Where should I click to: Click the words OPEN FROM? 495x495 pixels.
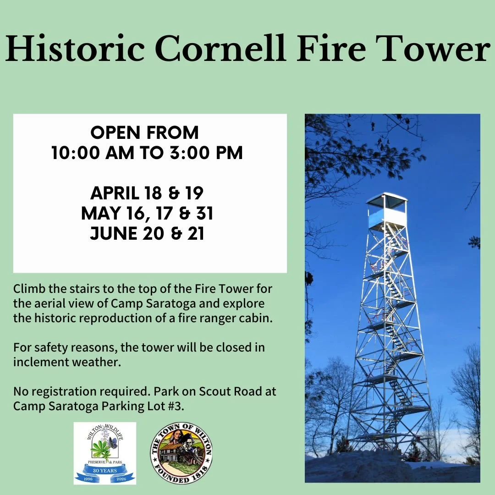[x=145, y=133]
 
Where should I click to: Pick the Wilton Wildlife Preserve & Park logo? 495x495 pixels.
[x=105, y=453]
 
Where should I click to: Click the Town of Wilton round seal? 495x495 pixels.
[x=181, y=453]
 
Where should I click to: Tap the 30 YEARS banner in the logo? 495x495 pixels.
[x=105, y=471]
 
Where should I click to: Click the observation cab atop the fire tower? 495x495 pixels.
[x=386, y=210]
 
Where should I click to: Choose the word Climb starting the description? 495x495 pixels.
[x=27, y=290]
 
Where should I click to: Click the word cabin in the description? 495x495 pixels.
[x=259, y=318]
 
